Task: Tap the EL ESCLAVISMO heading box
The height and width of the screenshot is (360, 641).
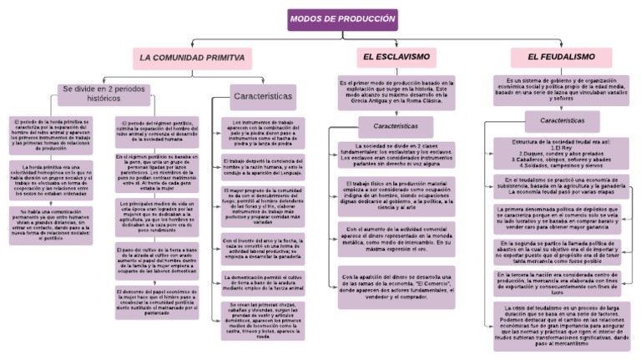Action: pos(396,58)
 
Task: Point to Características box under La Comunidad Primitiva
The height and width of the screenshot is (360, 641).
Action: pos(262,97)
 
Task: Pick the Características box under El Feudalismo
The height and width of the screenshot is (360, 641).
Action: pos(561,119)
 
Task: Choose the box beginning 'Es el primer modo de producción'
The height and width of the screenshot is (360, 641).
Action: pos(396,94)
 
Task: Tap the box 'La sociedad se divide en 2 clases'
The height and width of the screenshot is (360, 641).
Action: pos(396,155)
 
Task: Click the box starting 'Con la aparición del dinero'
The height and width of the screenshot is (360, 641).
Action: pos(396,286)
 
